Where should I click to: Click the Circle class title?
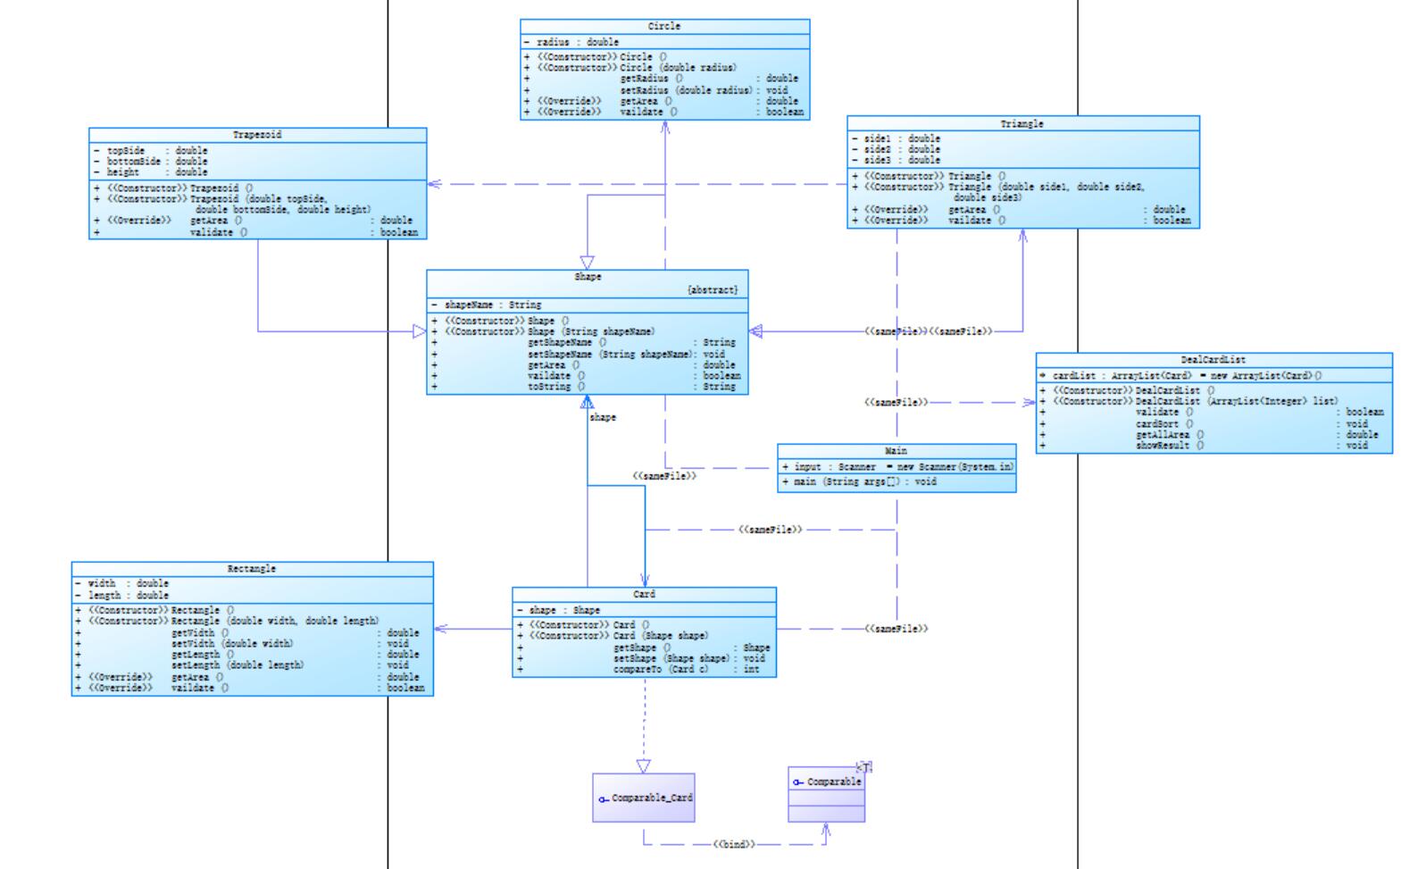point(664,27)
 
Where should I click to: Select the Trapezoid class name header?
point(257,135)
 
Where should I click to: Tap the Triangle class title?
point(1022,124)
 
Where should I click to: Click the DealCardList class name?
point(1213,360)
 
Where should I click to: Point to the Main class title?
point(896,451)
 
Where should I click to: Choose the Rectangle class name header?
point(252,569)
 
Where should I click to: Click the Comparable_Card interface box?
point(644,798)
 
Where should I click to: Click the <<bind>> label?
point(734,844)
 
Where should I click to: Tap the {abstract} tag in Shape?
point(713,290)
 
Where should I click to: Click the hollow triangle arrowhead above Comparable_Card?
point(644,766)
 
